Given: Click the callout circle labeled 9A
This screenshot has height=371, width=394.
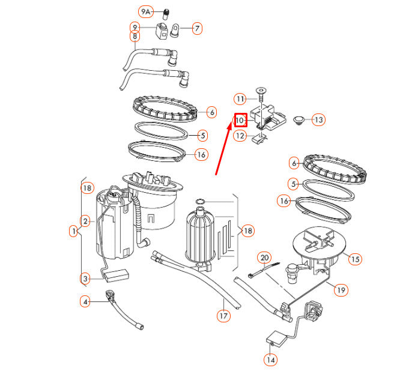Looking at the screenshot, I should (x=146, y=11).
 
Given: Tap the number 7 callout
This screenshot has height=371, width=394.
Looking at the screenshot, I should (x=197, y=28).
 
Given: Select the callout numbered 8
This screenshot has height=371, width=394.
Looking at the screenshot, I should (x=135, y=36).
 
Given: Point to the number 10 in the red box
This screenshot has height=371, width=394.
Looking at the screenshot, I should (x=240, y=120).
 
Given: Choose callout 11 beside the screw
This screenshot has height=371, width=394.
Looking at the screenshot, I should (x=240, y=98).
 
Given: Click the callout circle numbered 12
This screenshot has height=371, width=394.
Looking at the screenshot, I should (x=240, y=136).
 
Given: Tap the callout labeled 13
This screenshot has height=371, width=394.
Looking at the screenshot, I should (x=318, y=120).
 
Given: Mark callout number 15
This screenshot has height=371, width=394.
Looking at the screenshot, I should (x=355, y=259).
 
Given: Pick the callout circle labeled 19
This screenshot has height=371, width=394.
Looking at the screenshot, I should (x=341, y=290).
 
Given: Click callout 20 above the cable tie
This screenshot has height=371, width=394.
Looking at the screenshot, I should (x=264, y=258).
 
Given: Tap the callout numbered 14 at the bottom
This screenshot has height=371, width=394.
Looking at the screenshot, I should (x=270, y=360).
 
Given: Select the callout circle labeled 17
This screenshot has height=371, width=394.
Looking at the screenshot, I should (x=223, y=314).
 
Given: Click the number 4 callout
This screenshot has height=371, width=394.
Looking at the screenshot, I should (x=86, y=302).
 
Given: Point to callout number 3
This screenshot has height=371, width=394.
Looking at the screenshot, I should (x=86, y=278).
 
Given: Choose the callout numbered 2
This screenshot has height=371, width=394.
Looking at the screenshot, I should (x=86, y=222).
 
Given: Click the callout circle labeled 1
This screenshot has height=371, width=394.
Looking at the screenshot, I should (x=74, y=231).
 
